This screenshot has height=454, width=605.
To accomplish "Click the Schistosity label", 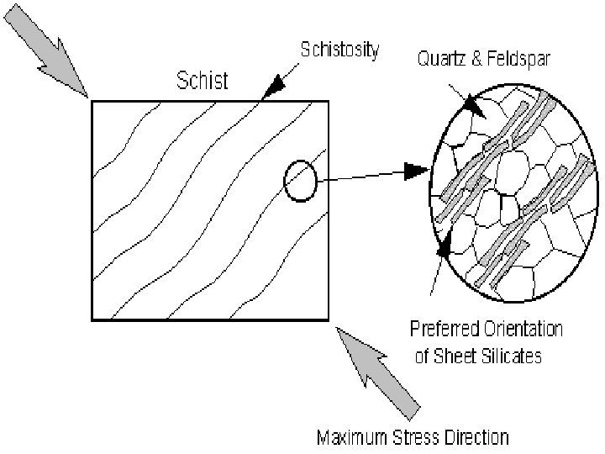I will [x=339, y=50].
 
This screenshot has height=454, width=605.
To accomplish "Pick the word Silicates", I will [x=513, y=356].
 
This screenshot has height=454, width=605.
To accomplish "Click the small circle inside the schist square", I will [x=300, y=181].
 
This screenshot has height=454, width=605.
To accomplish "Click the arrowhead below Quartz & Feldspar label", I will [x=472, y=108].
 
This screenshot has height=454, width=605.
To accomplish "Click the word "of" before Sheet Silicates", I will [x=423, y=356].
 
